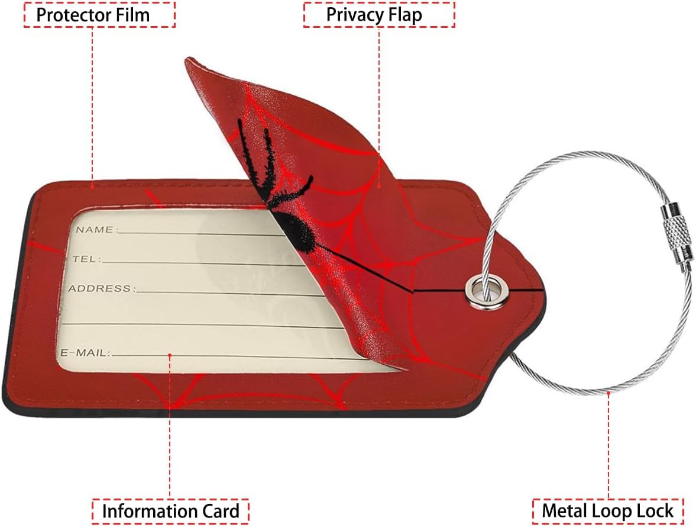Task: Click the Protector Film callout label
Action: [99, 15]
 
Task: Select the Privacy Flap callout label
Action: [379, 15]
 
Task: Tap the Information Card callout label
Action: [170, 511]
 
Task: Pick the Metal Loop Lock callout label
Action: [608, 511]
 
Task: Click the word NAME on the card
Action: [95, 229]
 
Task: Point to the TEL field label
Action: [86, 259]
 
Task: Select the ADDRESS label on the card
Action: [101, 289]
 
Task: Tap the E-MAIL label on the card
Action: [85, 353]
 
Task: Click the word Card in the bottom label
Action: [218, 511]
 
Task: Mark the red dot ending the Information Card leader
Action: [170, 355]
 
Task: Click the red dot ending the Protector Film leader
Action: [93, 185]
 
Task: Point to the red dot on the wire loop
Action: [609, 391]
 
